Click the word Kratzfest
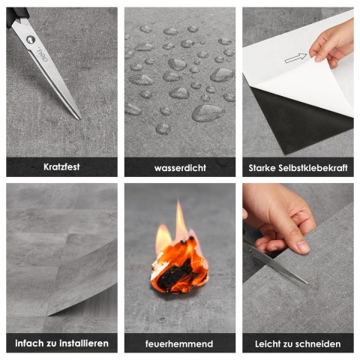pyautogui.click(x=61, y=167)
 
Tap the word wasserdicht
pyautogui.click(x=180, y=168)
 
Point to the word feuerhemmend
pyautogui.click(x=179, y=343)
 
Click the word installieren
pyautogui.click(x=84, y=343)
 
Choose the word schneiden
pyautogui.click(x=317, y=344)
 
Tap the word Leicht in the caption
pyautogui.click(x=266, y=344)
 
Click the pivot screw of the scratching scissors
pyautogui.click(x=31, y=40)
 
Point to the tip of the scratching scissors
pyautogui.click(x=80, y=119)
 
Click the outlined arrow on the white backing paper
pyautogui.click(x=295, y=58)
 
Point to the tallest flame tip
pyautogui.click(x=178, y=201)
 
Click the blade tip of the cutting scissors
pyautogui.click(x=307, y=283)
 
